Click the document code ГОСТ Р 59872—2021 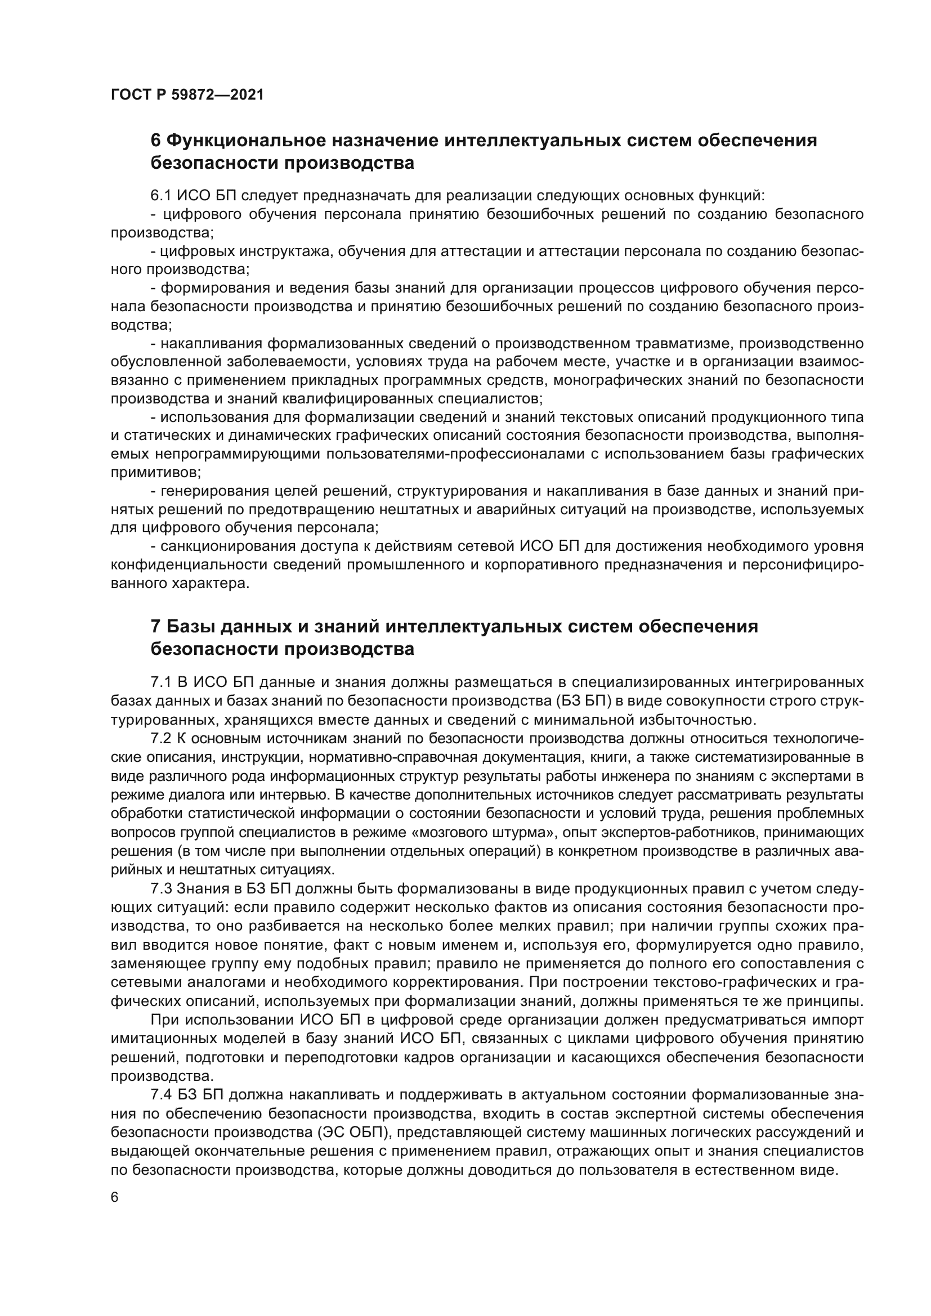(187, 95)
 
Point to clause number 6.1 (161, 195)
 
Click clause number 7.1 (161, 682)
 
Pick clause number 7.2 (161, 738)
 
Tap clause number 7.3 (161, 888)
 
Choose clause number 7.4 (161, 1095)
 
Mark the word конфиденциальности (196, 565)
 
